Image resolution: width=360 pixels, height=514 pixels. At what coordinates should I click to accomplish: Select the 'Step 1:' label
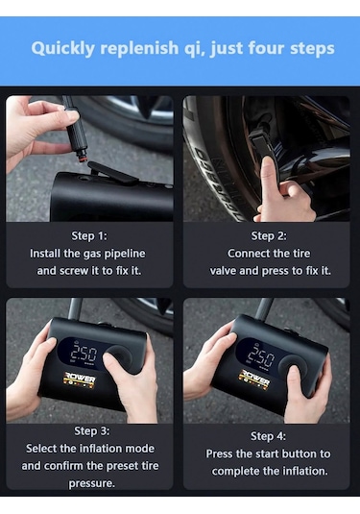pyautogui.click(x=89, y=235)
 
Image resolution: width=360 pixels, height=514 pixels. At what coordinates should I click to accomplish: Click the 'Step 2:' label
pyautogui.click(x=270, y=235)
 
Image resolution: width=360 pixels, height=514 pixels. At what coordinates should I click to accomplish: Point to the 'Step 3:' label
pyautogui.click(x=89, y=431)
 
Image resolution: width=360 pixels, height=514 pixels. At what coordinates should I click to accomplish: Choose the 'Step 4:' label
pyautogui.click(x=270, y=436)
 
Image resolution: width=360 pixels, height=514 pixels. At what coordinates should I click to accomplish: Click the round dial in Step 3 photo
pyautogui.click(x=119, y=359)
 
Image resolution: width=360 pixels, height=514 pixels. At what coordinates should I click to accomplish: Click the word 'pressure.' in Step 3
pyautogui.click(x=89, y=483)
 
